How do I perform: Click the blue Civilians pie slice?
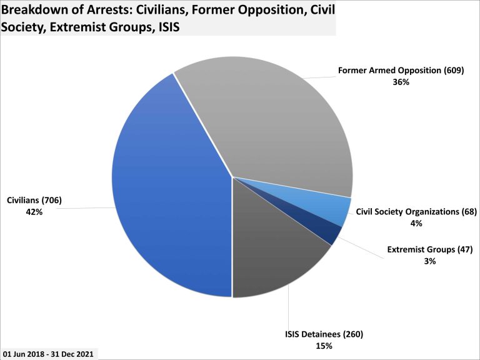(169, 187)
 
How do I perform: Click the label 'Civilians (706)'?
(34, 201)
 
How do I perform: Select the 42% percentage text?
(34, 212)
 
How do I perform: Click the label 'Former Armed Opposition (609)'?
(401, 71)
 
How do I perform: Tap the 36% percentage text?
(401, 82)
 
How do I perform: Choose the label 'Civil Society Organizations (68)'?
(416, 212)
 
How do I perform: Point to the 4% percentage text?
(416, 223)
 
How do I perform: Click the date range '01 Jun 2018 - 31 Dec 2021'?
(48, 354)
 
